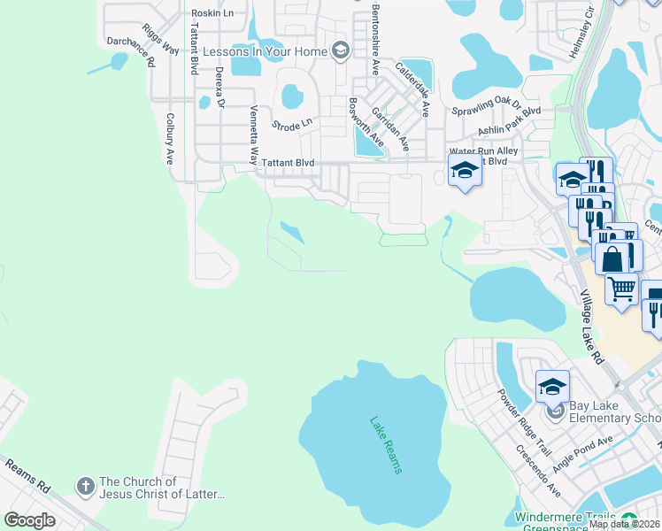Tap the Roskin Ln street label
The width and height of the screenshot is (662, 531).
212,13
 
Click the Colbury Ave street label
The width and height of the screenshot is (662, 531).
169,138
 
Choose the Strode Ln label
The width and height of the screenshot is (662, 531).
292,125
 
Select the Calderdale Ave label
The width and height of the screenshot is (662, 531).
412,88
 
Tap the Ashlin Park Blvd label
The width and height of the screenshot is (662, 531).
509,125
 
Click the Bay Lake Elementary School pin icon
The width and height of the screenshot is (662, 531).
555,411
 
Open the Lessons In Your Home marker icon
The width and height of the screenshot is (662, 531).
339,50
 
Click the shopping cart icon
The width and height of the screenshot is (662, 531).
622,287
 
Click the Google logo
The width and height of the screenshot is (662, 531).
30,520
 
